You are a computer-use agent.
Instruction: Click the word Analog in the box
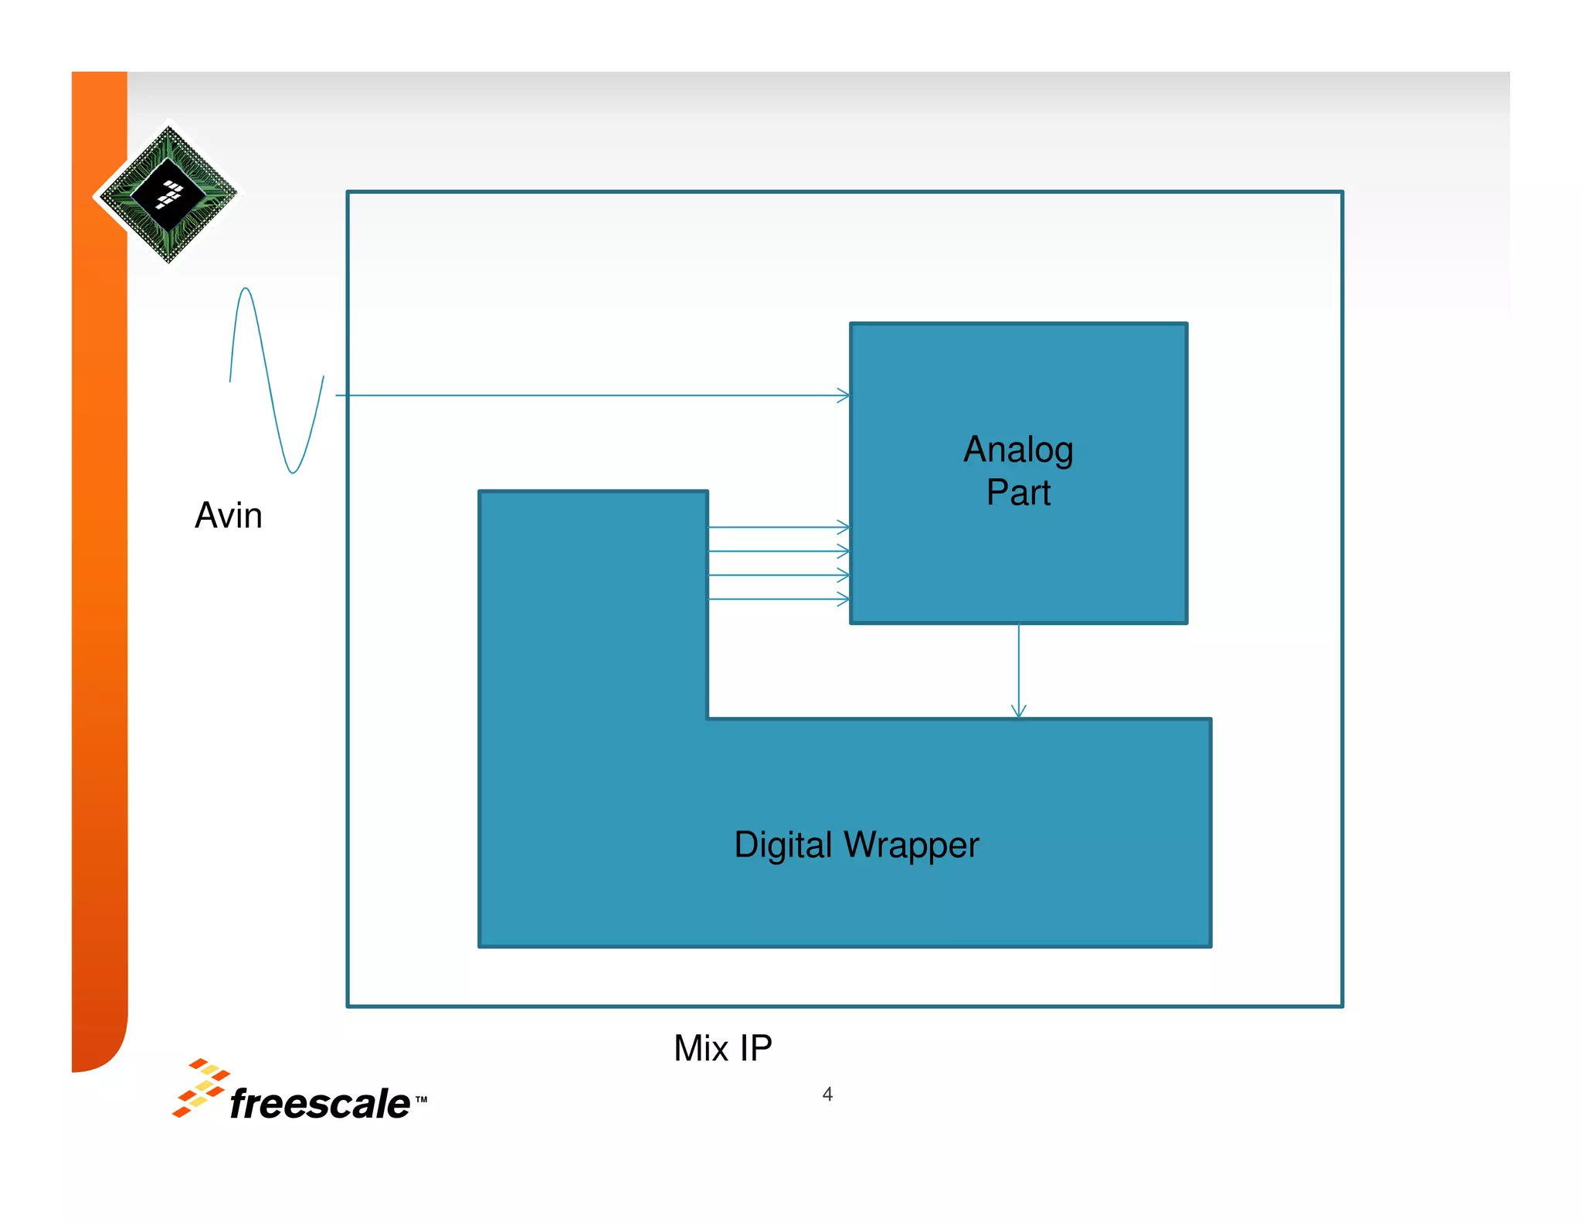pyautogui.click(x=1017, y=450)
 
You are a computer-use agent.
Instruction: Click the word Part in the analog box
pyautogui.click(x=1017, y=493)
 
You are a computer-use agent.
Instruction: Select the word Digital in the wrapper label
pyautogui.click(x=782, y=845)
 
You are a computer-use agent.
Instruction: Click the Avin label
pyautogui.click(x=228, y=515)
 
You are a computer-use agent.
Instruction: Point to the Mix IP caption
pyautogui.click(x=722, y=1048)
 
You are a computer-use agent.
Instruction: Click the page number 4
pyautogui.click(x=827, y=1094)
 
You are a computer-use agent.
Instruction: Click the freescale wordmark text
pyautogui.click(x=319, y=1103)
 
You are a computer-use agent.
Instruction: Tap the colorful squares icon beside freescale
pyautogui.click(x=199, y=1088)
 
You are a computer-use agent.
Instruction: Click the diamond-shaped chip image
pyautogui.click(x=168, y=194)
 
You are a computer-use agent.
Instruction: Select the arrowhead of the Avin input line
pyautogui.click(x=844, y=395)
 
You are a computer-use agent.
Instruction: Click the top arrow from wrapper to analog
pyautogui.click(x=779, y=528)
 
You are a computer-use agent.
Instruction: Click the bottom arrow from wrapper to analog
pyautogui.click(x=779, y=599)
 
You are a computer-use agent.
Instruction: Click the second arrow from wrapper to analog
pyautogui.click(x=779, y=552)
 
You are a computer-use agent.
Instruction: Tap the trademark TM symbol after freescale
pyautogui.click(x=421, y=1099)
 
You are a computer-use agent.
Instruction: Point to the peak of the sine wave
pyautogui.click(x=245, y=290)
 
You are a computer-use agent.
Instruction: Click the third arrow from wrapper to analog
pyautogui.click(x=779, y=575)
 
